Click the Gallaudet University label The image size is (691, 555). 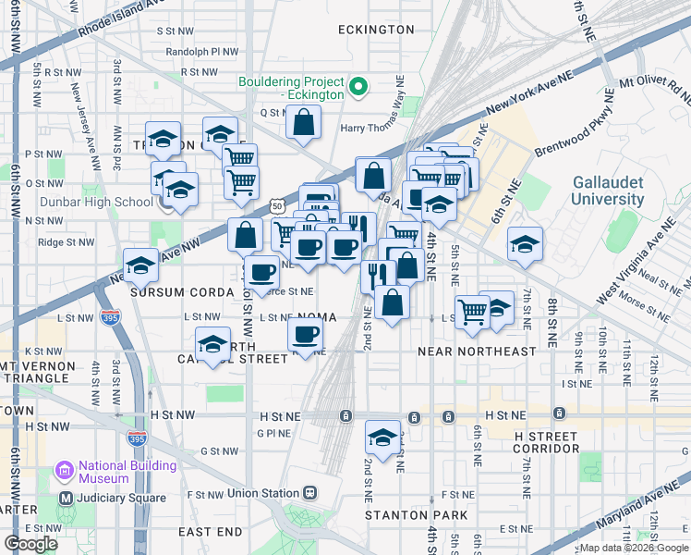click(607, 190)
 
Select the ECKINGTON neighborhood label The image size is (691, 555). click(376, 30)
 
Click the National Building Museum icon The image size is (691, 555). click(64, 472)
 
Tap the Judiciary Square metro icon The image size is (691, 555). click(65, 498)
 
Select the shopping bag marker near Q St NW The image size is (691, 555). click(303, 122)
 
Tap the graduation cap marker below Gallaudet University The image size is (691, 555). click(525, 244)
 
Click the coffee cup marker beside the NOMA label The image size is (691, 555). click(306, 334)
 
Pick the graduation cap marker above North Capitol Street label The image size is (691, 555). click(213, 345)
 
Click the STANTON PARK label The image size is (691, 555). click(415, 514)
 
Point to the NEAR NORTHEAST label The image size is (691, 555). click(477, 351)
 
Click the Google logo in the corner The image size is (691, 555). click(30, 544)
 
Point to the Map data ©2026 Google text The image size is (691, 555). click(633, 548)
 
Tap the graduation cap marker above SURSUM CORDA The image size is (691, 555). click(140, 265)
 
